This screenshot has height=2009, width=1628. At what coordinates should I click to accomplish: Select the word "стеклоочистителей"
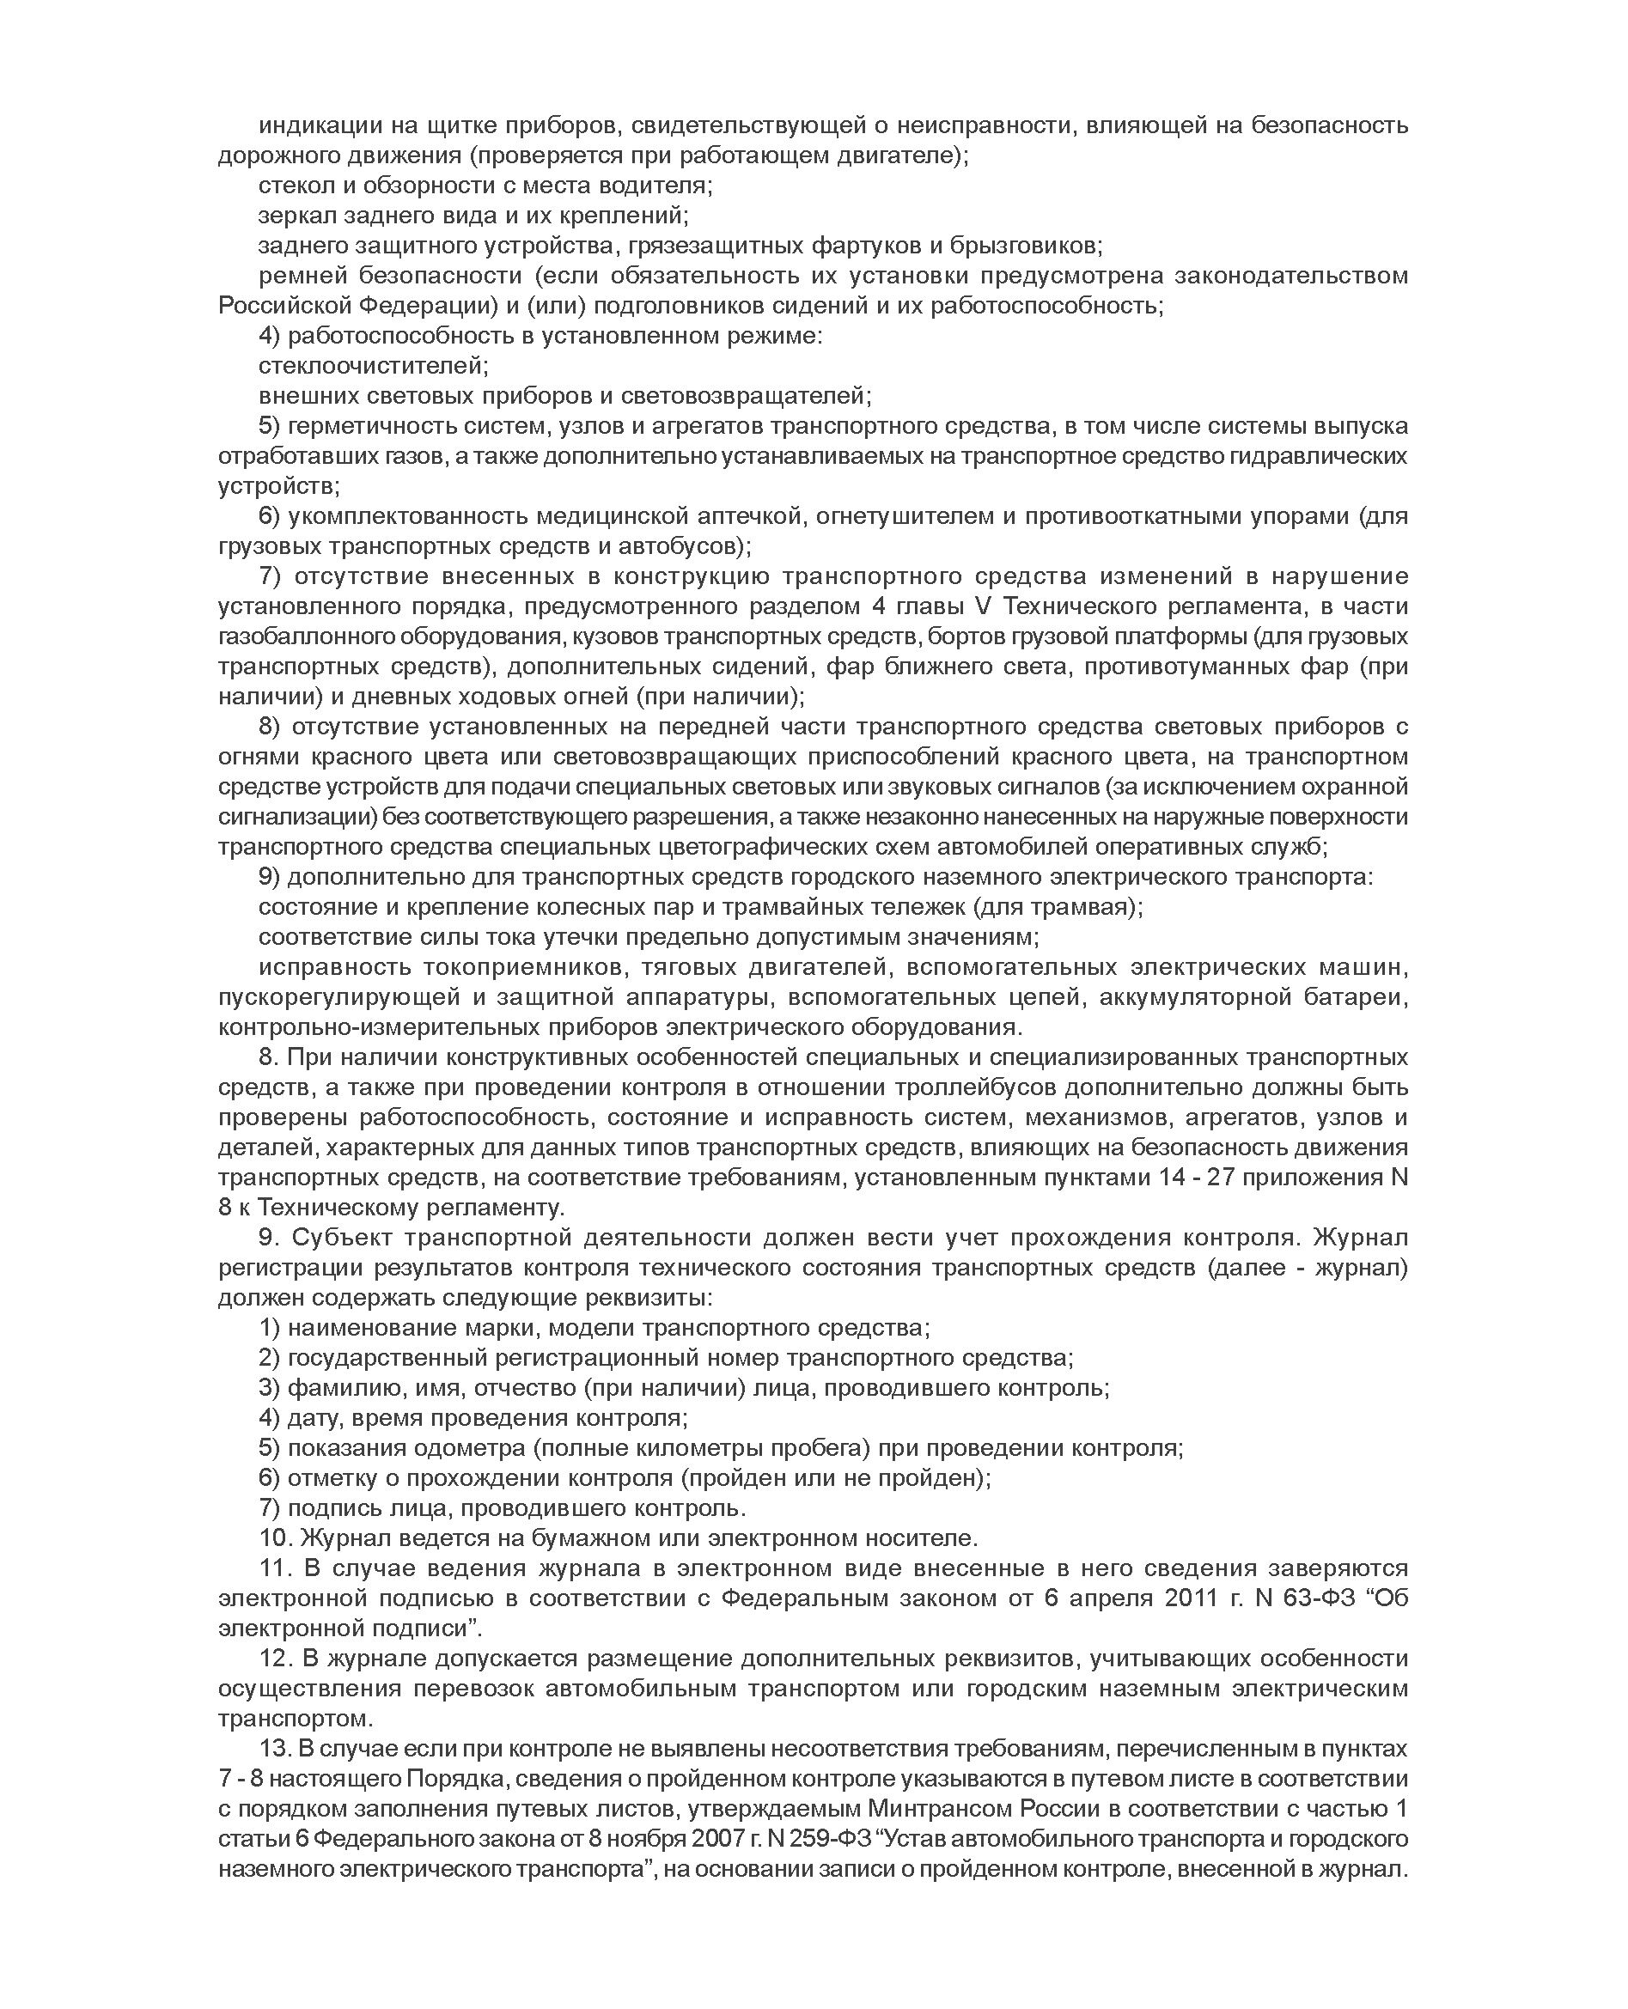[x=373, y=365]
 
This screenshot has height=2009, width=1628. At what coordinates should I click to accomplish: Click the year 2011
[x=1194, y=1598]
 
